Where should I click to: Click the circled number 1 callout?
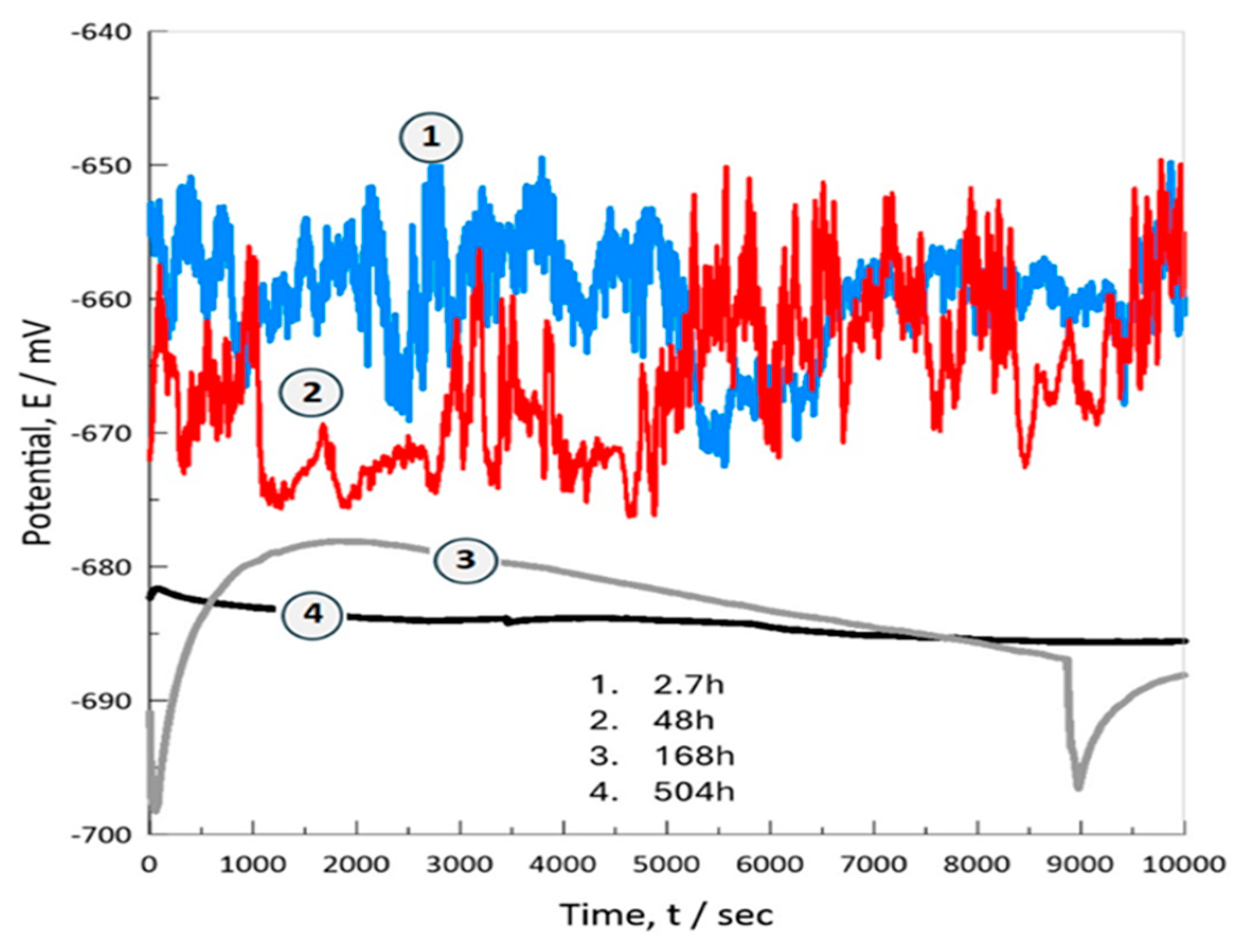[x=431, y=137]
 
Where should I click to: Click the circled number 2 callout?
[x=312, y=393]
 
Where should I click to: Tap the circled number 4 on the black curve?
[x=313, y=614]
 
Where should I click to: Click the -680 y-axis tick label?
[x=101, y=567]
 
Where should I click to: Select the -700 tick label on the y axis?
[x=101, y=834]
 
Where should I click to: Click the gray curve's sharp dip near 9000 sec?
[x=1078, y=787]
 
